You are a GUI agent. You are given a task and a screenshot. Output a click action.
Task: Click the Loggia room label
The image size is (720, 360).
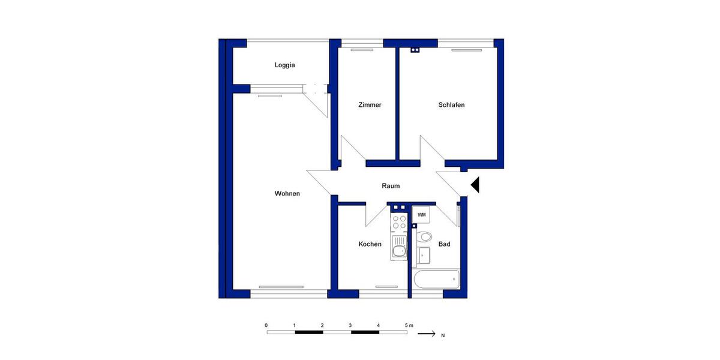tap(285, 65)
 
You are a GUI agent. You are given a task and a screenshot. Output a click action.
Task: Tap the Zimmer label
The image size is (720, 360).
tap(370, 105)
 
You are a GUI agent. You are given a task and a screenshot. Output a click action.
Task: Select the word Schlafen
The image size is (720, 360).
tap(451, 105)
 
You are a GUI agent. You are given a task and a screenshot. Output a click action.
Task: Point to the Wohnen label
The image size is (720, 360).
tap(287, 193)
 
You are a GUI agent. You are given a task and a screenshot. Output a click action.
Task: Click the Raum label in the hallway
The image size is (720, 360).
tap(391, 186)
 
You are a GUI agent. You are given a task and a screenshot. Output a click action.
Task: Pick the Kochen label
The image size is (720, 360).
tap(370, 244)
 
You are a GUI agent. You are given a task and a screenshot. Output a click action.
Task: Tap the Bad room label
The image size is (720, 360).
tap(445, 244)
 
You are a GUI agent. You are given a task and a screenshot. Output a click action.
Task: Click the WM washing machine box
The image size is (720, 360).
tap(422, 215)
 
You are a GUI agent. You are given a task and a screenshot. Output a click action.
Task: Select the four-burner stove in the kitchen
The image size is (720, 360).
tap(399, 222)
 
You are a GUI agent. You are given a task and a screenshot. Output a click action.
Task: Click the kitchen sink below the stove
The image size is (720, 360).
tap(399, 247)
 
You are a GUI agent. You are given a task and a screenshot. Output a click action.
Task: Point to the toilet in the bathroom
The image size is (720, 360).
tap(424, 236)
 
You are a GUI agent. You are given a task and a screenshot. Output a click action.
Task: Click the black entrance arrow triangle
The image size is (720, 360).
tap(475, 185)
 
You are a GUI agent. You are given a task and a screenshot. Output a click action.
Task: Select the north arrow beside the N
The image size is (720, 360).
tap(426, 334)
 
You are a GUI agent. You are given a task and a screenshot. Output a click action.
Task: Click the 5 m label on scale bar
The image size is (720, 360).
tap(409, 325)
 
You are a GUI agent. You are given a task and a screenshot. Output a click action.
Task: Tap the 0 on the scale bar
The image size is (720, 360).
tap(266, 325)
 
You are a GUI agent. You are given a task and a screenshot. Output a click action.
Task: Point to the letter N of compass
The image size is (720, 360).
tap(443, 335)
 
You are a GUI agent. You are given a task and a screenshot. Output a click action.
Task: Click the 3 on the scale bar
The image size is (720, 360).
tap(350, 325)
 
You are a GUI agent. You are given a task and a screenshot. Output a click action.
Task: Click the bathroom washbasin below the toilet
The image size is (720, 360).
tap(425, 255)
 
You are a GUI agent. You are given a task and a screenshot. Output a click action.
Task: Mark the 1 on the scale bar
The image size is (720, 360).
tap(295, 325)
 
